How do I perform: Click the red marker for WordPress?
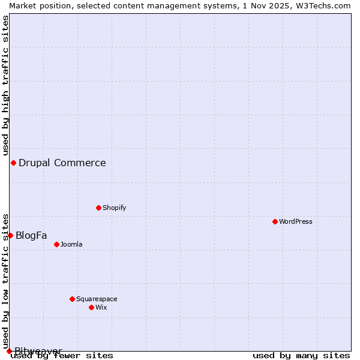pyautogui.click(x=275, y=221)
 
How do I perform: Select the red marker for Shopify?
pyautogui.click(x=98, y=208)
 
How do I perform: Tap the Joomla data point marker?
pyautogui.click(x=56, y=244)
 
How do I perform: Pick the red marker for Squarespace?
pyautogui.click(x=72, y=299)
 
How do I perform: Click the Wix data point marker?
pyautogui.click(x=91, y=307)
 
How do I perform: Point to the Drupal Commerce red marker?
pyautogui.click(x=13, y=163)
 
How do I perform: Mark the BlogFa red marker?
pyautogui.click(x=10, y=235)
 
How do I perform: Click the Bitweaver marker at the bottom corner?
pyautogui.click(x=9, y=351)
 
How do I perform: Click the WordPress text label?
pyautogui.click(x=296, y=221)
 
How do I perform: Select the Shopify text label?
pyautogui.click(x=114, y=208)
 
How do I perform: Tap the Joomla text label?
pyautogui.click(x=71, y=244)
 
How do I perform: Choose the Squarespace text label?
pyautogui.click(x=97, y=299)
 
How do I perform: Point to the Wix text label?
pyautogui.click(x=101, y=307)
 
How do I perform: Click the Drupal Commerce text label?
pyautogui.click(x=62, y=163)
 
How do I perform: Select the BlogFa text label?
pyautogui.click(x=31, y=235)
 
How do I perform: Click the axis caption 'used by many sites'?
pyautogui.click(x=301, y=356)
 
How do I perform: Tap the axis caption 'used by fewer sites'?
pyautogui.click(x=62, y=356)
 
